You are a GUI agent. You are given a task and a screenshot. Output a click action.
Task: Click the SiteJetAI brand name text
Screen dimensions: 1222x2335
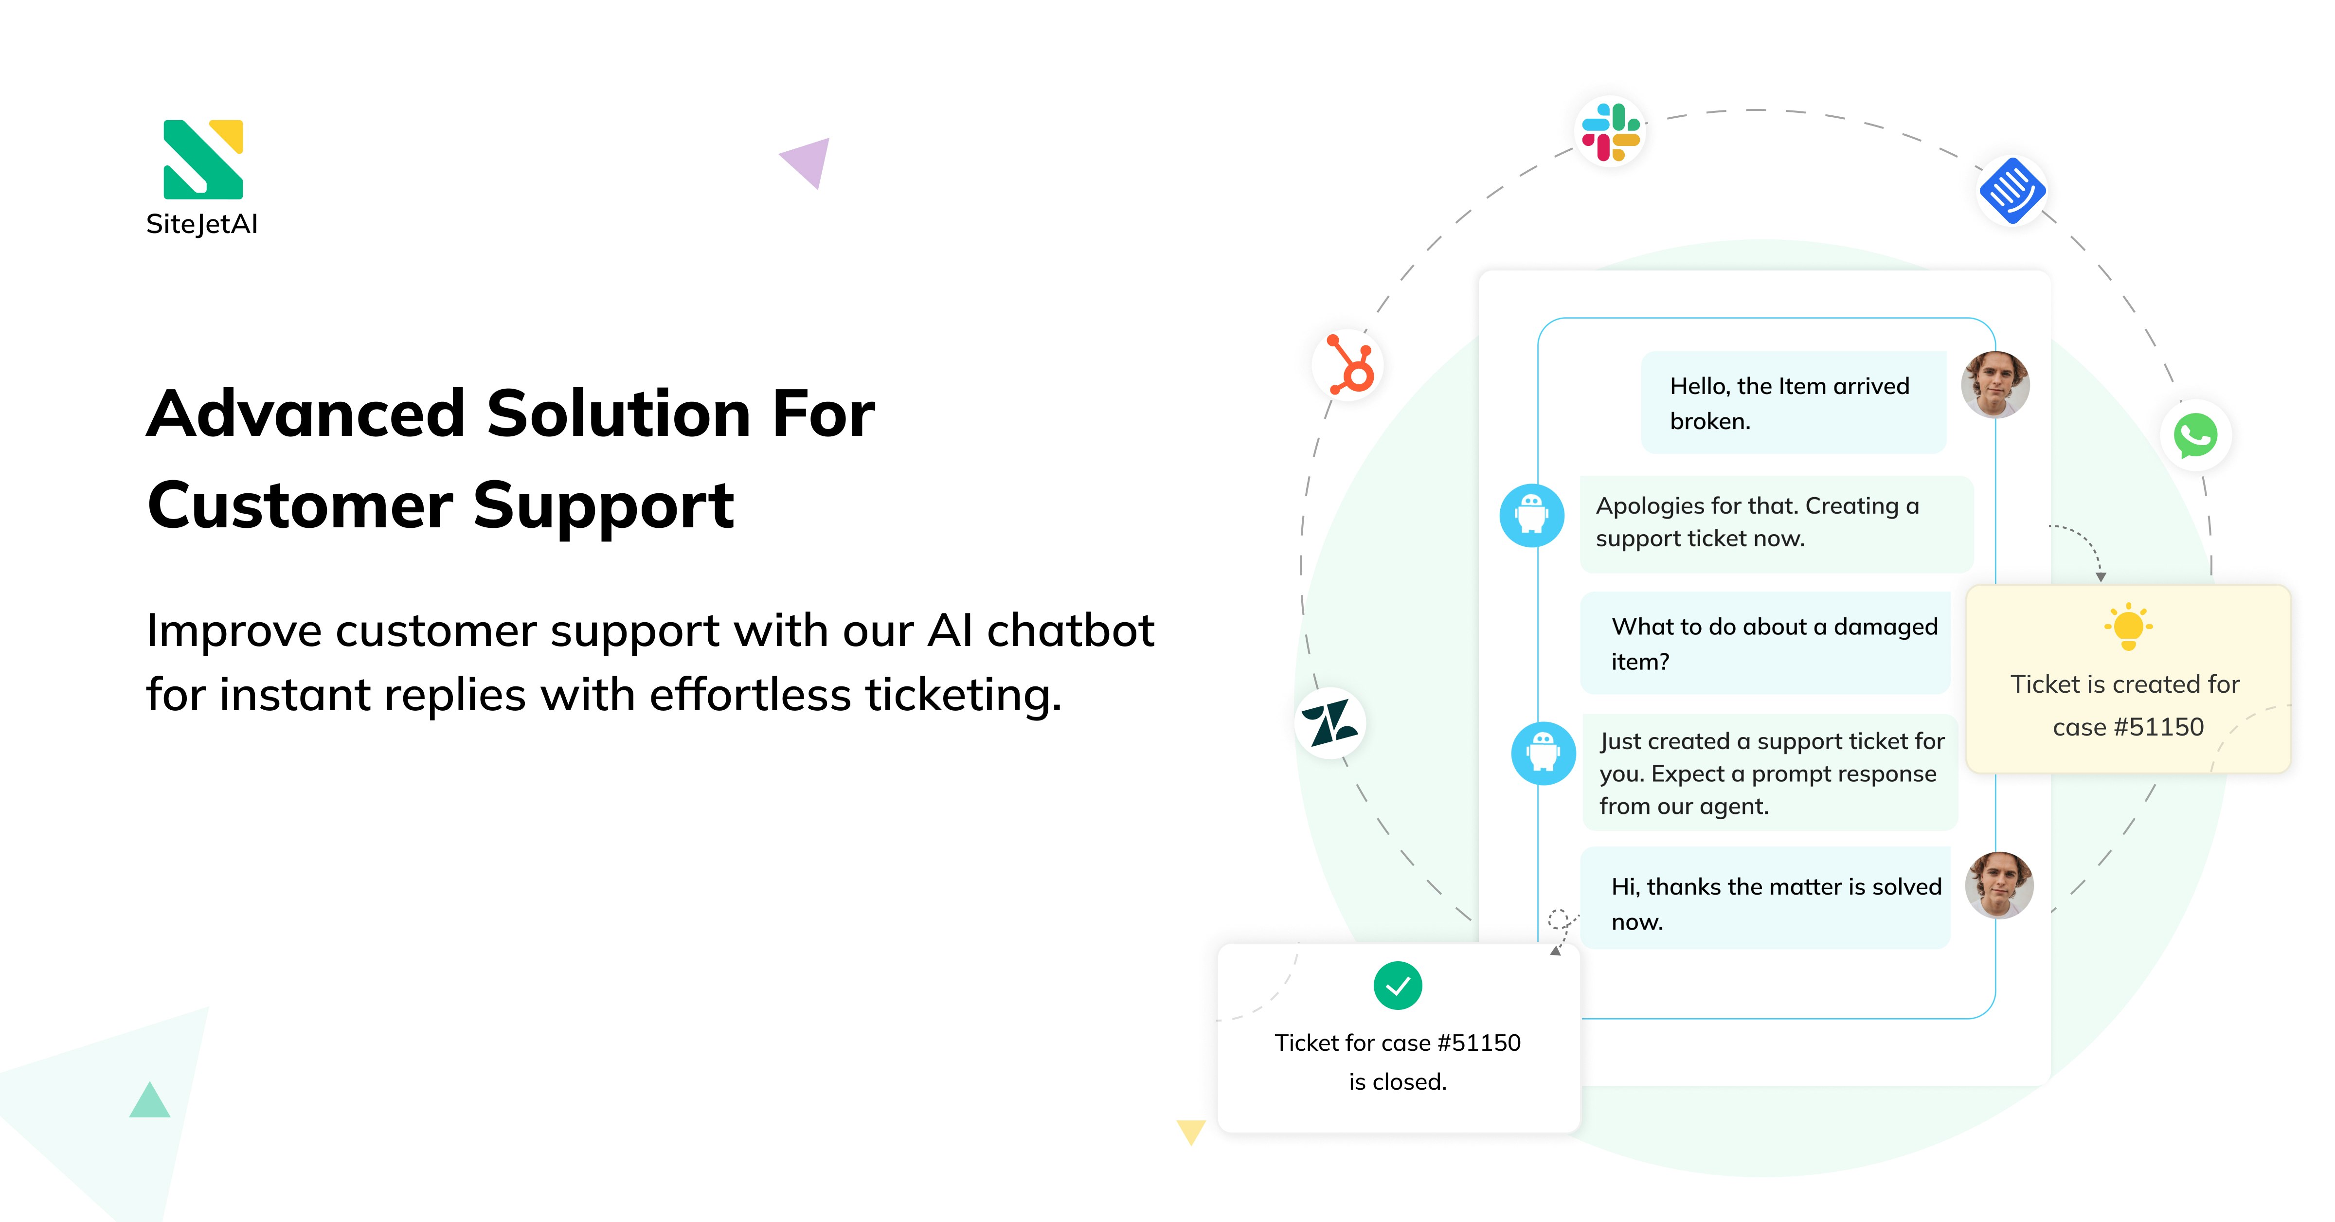point(202,224)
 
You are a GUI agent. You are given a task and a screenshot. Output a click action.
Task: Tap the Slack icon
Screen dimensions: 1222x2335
point(1611,131)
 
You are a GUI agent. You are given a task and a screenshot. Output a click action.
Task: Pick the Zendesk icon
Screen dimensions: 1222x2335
point(1330,723)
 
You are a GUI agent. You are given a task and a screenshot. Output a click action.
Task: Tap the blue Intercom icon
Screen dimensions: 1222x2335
point(2012,190)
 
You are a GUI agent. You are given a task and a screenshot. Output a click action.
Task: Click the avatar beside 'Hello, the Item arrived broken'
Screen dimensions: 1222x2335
point(1995,384)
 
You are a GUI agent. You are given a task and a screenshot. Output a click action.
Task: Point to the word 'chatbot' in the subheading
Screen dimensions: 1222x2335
point(1071,631)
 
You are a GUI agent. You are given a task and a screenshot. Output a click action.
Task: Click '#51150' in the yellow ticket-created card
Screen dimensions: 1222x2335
point(2158,727)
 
